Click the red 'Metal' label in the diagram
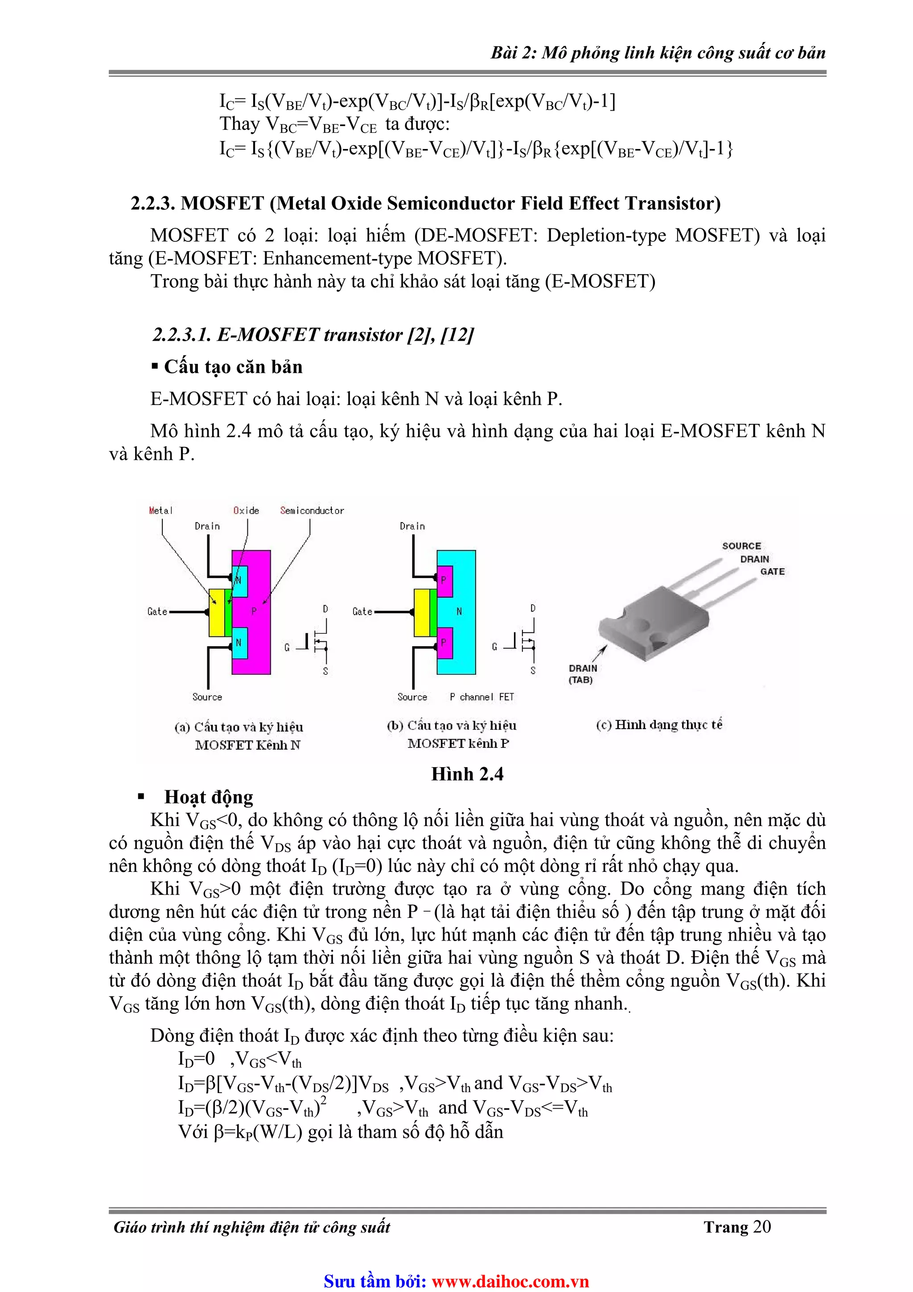[160, 510]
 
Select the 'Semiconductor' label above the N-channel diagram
[312, 510]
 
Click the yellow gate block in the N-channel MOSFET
[216, 612]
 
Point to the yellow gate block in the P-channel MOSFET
[421, 612]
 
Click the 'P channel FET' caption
[481, 697]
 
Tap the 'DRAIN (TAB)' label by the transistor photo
[582, 673]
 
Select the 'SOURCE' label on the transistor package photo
[741, 546]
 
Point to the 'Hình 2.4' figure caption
[467, 774]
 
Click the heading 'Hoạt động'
[208, 797]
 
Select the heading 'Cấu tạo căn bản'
[233, 367]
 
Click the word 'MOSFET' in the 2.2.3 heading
[222, 203]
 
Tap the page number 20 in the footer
[762, 1227]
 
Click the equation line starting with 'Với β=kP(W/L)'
[340, 1131]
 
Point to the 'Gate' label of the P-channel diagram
[362, 612]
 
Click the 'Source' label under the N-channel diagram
[207, 697]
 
